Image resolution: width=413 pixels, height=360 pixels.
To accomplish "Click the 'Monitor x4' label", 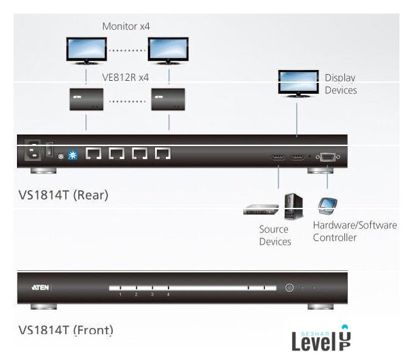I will coord(126,26).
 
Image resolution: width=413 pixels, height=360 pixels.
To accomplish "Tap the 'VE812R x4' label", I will coord(125,77).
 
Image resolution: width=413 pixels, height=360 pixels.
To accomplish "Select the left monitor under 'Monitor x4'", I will coord(86,48).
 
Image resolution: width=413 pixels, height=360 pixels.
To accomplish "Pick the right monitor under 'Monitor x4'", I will coord(168,48).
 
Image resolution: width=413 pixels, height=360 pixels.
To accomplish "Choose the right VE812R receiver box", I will coord(168,99).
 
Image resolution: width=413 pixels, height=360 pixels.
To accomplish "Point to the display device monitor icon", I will coord(297,82).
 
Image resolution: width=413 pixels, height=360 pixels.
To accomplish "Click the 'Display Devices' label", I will coord(340,84).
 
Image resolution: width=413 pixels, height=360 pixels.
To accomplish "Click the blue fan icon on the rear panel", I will coord(73,155).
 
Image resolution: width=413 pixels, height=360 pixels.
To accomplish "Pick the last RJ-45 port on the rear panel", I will coord(162,154).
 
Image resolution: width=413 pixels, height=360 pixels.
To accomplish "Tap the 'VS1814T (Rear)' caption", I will coord(63,195).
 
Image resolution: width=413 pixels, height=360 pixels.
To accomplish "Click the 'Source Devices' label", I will coord(275,236).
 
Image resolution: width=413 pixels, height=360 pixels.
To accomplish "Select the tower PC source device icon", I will coord(293,205).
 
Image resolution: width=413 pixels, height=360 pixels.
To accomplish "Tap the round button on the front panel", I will coord(289,288).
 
